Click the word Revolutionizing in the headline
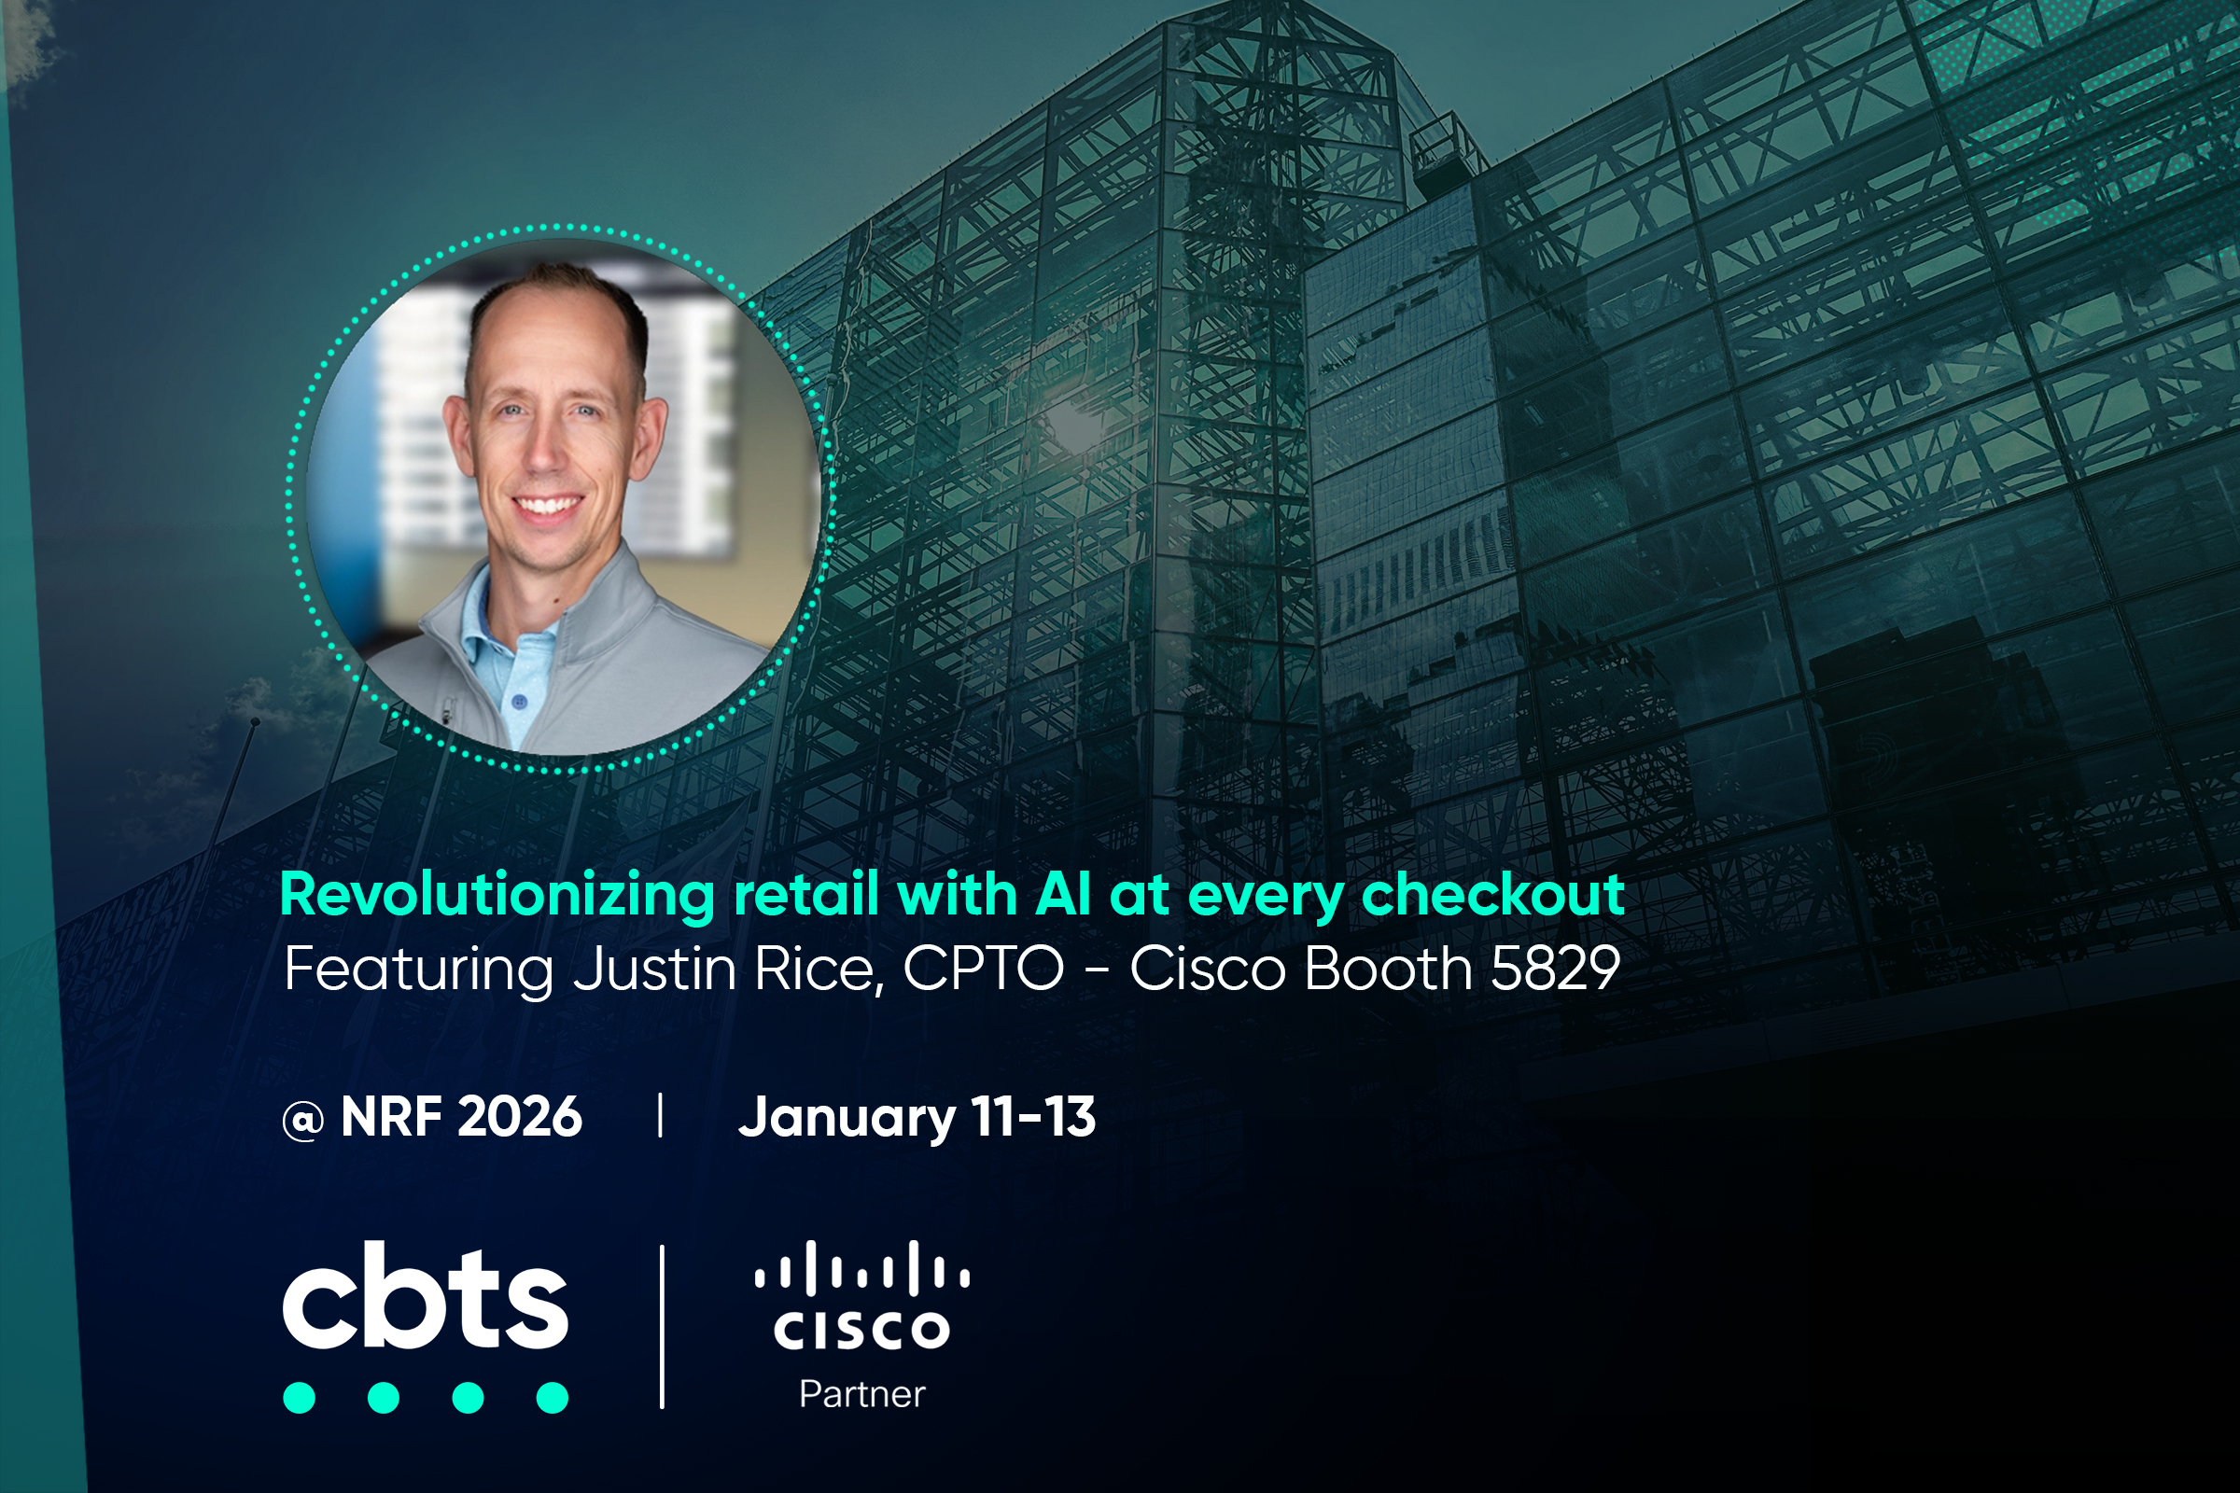(x=497, y=897)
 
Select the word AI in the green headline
(x=1063, y=895)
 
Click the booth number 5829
(x=1555, y=969)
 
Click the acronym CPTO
(x=983, y=969)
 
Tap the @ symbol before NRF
(x=302, y=1120)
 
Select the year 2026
(x=520, y=1116)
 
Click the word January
(x=847, y=1119)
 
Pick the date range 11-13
(x=1032, y=1116)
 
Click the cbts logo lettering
(x=425, y=1295)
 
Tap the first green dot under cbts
(x=299, y=1398)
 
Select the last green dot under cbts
(x=553, y=1398)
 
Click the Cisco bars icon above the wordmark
(x=861, y=1268)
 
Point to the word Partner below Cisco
(x=861, y=1395)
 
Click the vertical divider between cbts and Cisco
(x=662, y=1326)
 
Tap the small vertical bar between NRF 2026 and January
(x=660, y=1116)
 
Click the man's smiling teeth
(x=547, y=505)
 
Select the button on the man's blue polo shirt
(x=519, y=702)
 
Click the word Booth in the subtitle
(x=1388, y=969)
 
